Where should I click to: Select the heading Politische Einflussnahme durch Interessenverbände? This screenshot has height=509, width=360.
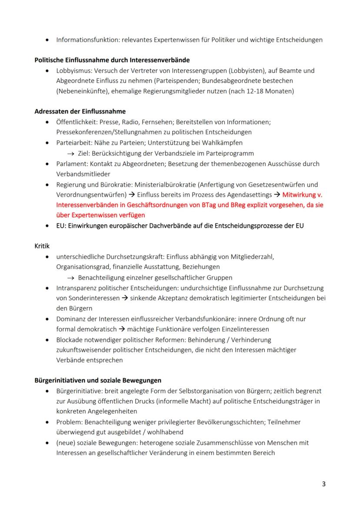112,60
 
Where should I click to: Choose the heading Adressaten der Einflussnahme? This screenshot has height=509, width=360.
80,111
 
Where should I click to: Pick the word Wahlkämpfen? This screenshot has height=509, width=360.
223,143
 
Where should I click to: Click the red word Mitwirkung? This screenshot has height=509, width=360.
300,195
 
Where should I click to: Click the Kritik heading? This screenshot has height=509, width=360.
42,246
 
